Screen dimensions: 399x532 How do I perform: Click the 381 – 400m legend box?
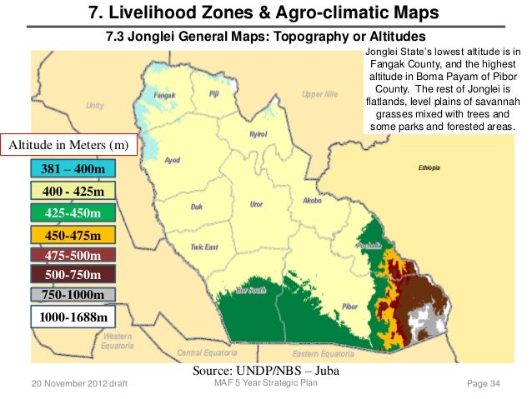73,169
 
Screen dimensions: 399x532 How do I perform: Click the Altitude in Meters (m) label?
68,145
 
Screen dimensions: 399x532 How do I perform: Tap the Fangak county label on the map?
165,95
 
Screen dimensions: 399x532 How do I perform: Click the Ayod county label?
173,159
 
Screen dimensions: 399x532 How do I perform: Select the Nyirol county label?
258,134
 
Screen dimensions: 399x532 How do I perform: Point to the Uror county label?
257,203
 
